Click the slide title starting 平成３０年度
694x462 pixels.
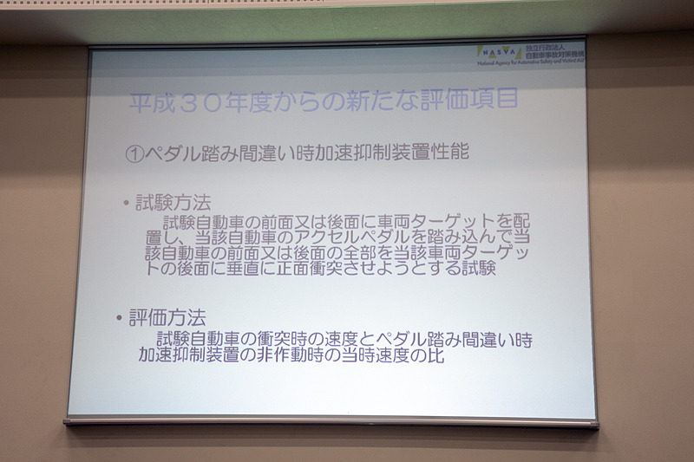click(x=324, y=100)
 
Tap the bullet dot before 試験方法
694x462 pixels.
click(x=125, y=205)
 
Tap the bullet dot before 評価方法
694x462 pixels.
click(x=120, y=319)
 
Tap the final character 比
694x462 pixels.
click(x=435, y=355)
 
